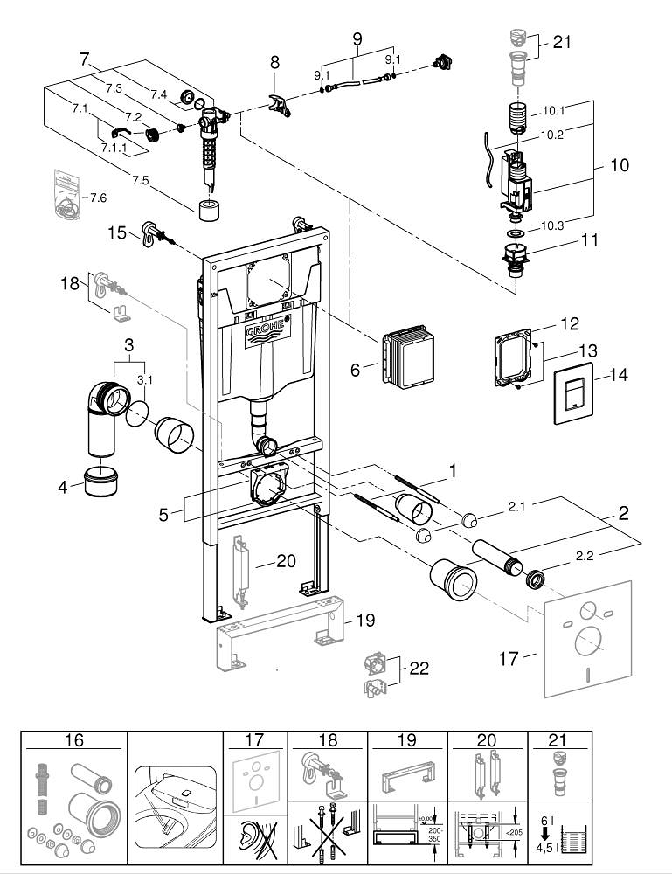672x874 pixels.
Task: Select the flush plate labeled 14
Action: click(573, 394)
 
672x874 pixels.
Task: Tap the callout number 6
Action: click(355, 370)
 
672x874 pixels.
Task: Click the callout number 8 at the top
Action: click(274, 62)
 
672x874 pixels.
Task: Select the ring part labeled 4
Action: click(102, 482)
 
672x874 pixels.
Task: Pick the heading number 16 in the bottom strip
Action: click(73, 740)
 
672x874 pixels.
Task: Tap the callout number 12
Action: click(569, 324)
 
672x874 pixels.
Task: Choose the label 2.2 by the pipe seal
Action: click(587, 554)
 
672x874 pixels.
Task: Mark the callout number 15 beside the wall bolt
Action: click(117, 232)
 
